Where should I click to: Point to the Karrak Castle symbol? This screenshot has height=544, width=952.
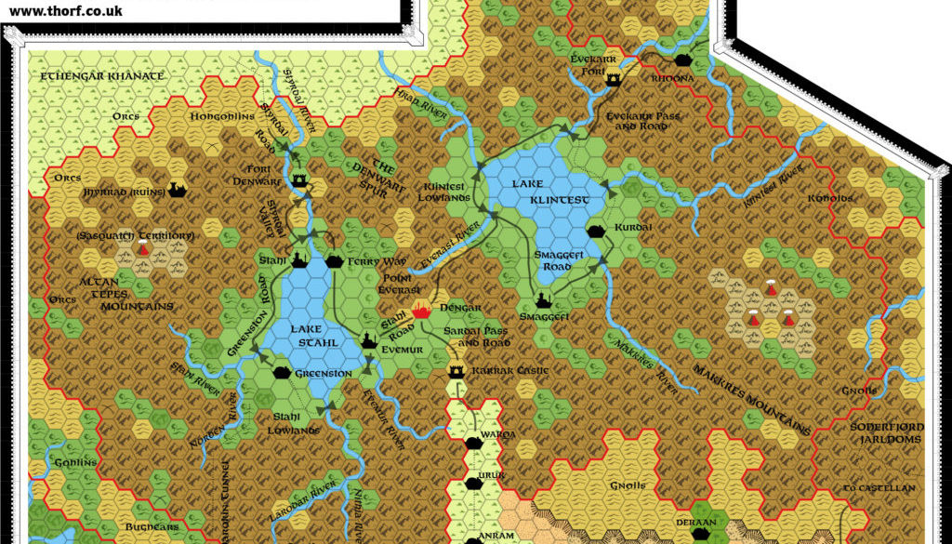[456, 372]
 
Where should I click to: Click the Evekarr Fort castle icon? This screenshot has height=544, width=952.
[613, 81]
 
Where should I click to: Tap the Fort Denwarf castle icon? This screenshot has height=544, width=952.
[299, 181]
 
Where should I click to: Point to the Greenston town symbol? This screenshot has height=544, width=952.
[282, 373]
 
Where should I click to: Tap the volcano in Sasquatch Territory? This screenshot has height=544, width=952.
[143, 250]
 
